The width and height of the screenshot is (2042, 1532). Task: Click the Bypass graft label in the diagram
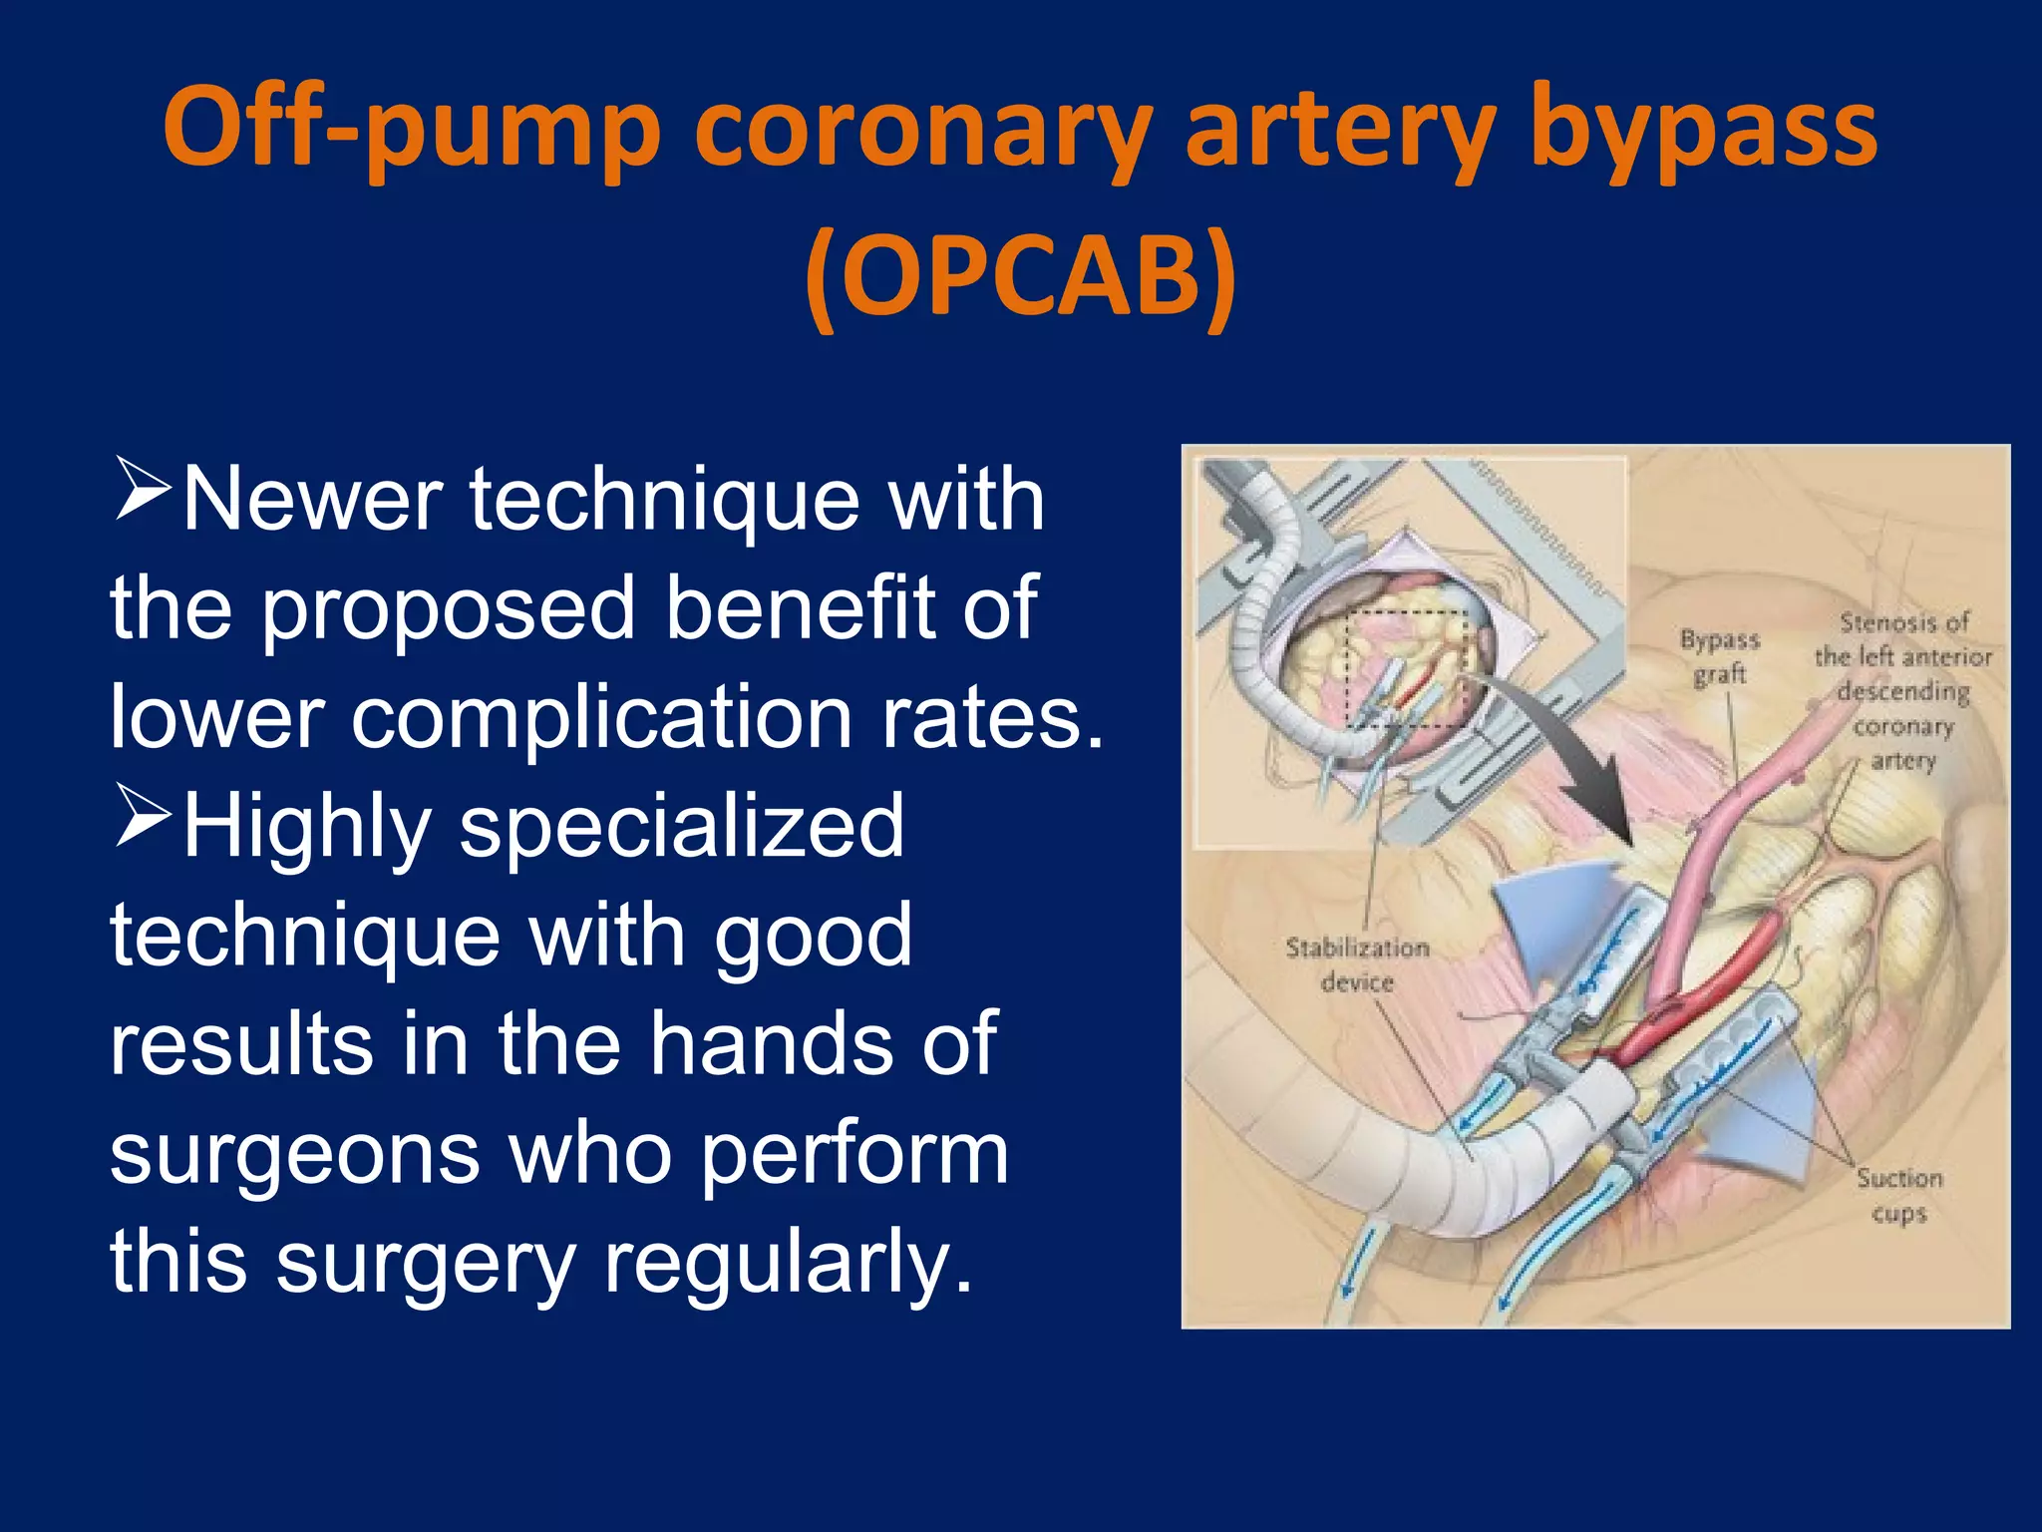[x=1720, y=656]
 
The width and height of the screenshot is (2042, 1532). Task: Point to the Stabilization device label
[x=1357, y=964]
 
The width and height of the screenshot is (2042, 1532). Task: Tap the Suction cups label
[x=1898, y=1195]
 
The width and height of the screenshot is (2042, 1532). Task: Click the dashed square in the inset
[x=1406, y=668]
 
